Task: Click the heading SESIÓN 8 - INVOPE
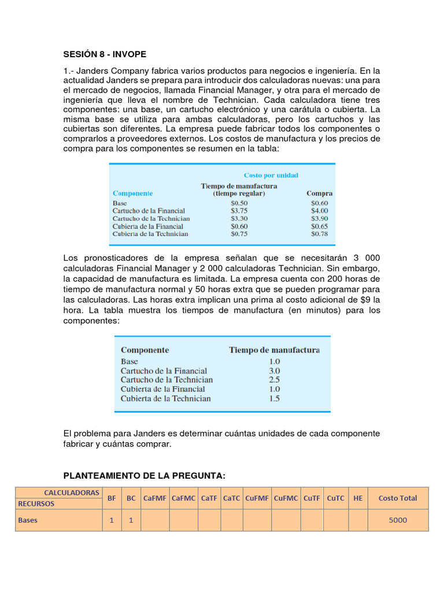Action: point(105,54)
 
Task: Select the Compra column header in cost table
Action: point(319,194)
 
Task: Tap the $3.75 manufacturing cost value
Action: point(239,211)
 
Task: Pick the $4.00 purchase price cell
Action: point(319,211)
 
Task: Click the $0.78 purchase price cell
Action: point(319,234)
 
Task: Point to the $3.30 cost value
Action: point(239,219)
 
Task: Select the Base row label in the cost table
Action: point(120,203)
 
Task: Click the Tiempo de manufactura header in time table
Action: point(274,350)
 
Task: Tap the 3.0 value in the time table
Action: point(274,371)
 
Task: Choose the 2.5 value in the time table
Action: point(274,380)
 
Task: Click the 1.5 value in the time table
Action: point(274,398)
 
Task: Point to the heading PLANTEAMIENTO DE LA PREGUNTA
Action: point(144,475)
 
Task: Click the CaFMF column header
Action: point(155,498)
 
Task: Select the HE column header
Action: point(358,498)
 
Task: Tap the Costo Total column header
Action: point(398,498)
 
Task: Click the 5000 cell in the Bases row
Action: point(398,520)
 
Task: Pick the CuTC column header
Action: point(335,498)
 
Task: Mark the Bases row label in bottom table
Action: point(28,520)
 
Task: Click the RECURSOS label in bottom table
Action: point(36,503)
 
